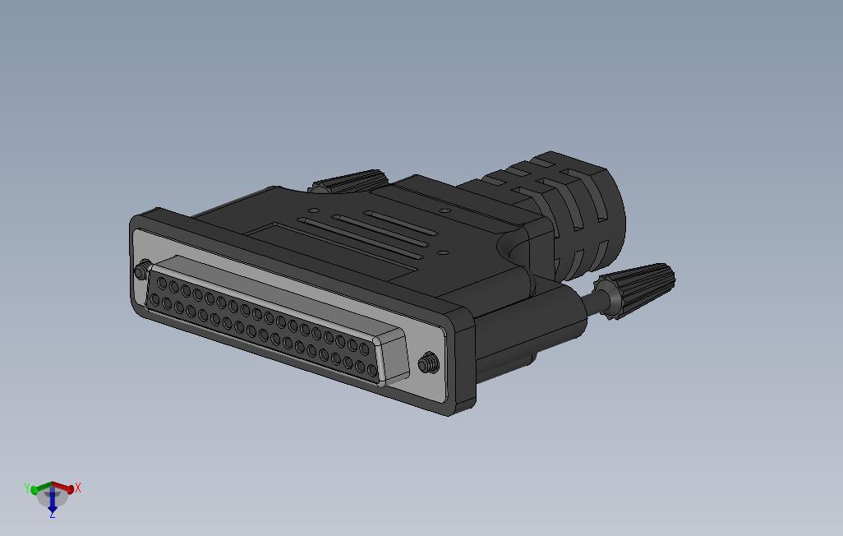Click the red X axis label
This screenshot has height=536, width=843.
click(x=78, y=487)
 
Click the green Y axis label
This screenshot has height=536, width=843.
click(x=27, y=487)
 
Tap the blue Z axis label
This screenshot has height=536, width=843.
click(x=52, y=515)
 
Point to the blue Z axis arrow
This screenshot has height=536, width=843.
click(x=52, y=501)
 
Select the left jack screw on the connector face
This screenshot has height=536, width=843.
click(x=142, y=270)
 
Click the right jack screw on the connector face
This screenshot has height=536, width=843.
click(x=429, y=363)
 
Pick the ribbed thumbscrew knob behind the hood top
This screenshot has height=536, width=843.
click(x=348, y=182)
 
